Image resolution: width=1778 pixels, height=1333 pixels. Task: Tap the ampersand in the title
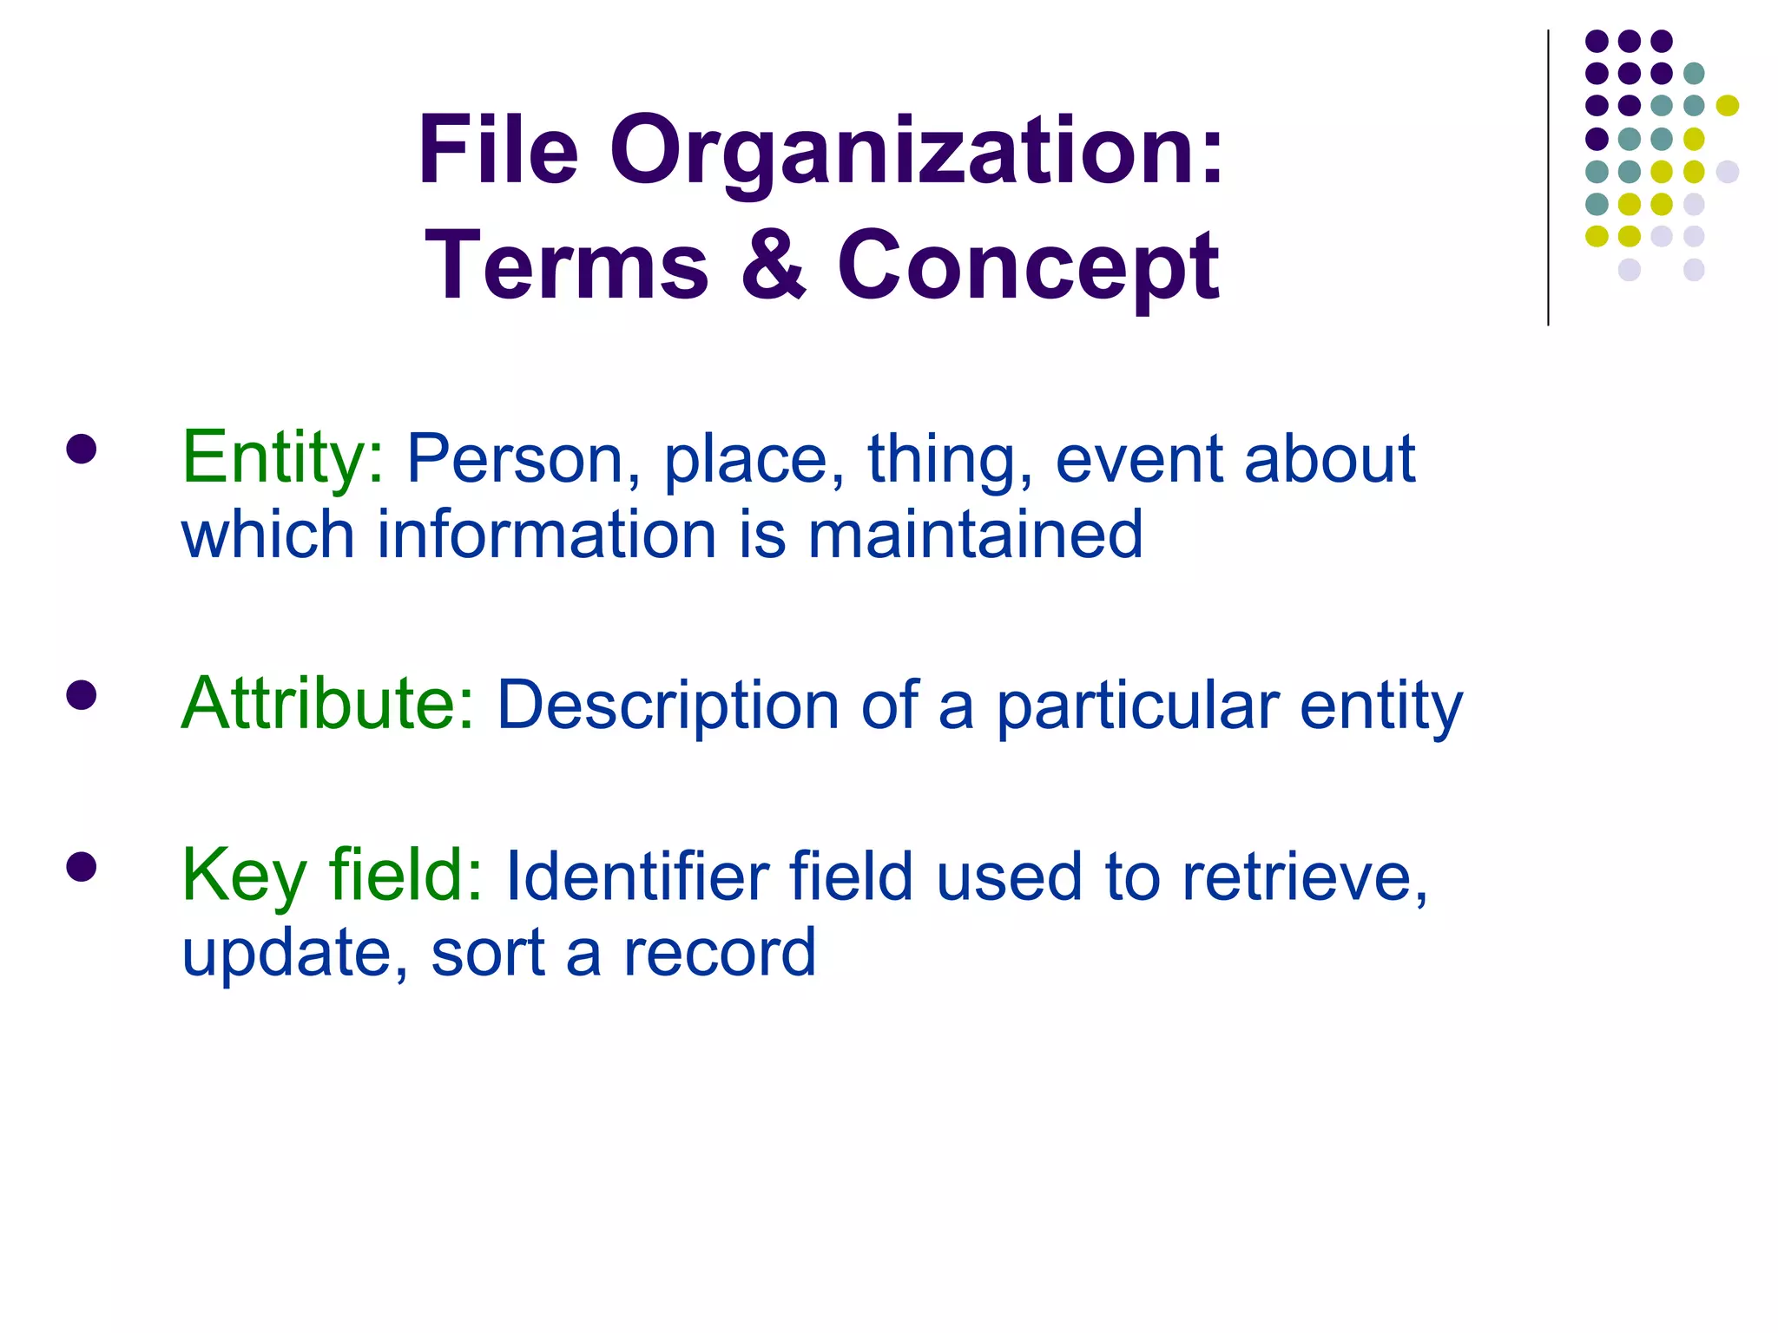click(774, 266)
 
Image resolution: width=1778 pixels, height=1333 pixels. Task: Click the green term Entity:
click(282, 458)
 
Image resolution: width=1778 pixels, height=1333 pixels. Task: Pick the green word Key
click(242, 877)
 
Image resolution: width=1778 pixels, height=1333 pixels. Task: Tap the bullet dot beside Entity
click(81, 449)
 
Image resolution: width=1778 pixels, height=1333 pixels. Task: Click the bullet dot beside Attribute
click(81, 694)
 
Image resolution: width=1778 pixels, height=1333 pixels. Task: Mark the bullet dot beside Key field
click(81, 866)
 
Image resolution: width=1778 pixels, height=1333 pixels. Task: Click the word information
click(546, 535)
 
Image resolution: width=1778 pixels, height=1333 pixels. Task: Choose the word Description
click(667, 706)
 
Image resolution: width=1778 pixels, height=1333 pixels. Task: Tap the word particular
click(1136, 706)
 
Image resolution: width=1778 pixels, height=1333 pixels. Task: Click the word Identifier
click(636, 877)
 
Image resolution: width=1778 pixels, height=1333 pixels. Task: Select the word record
click(720, 953)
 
